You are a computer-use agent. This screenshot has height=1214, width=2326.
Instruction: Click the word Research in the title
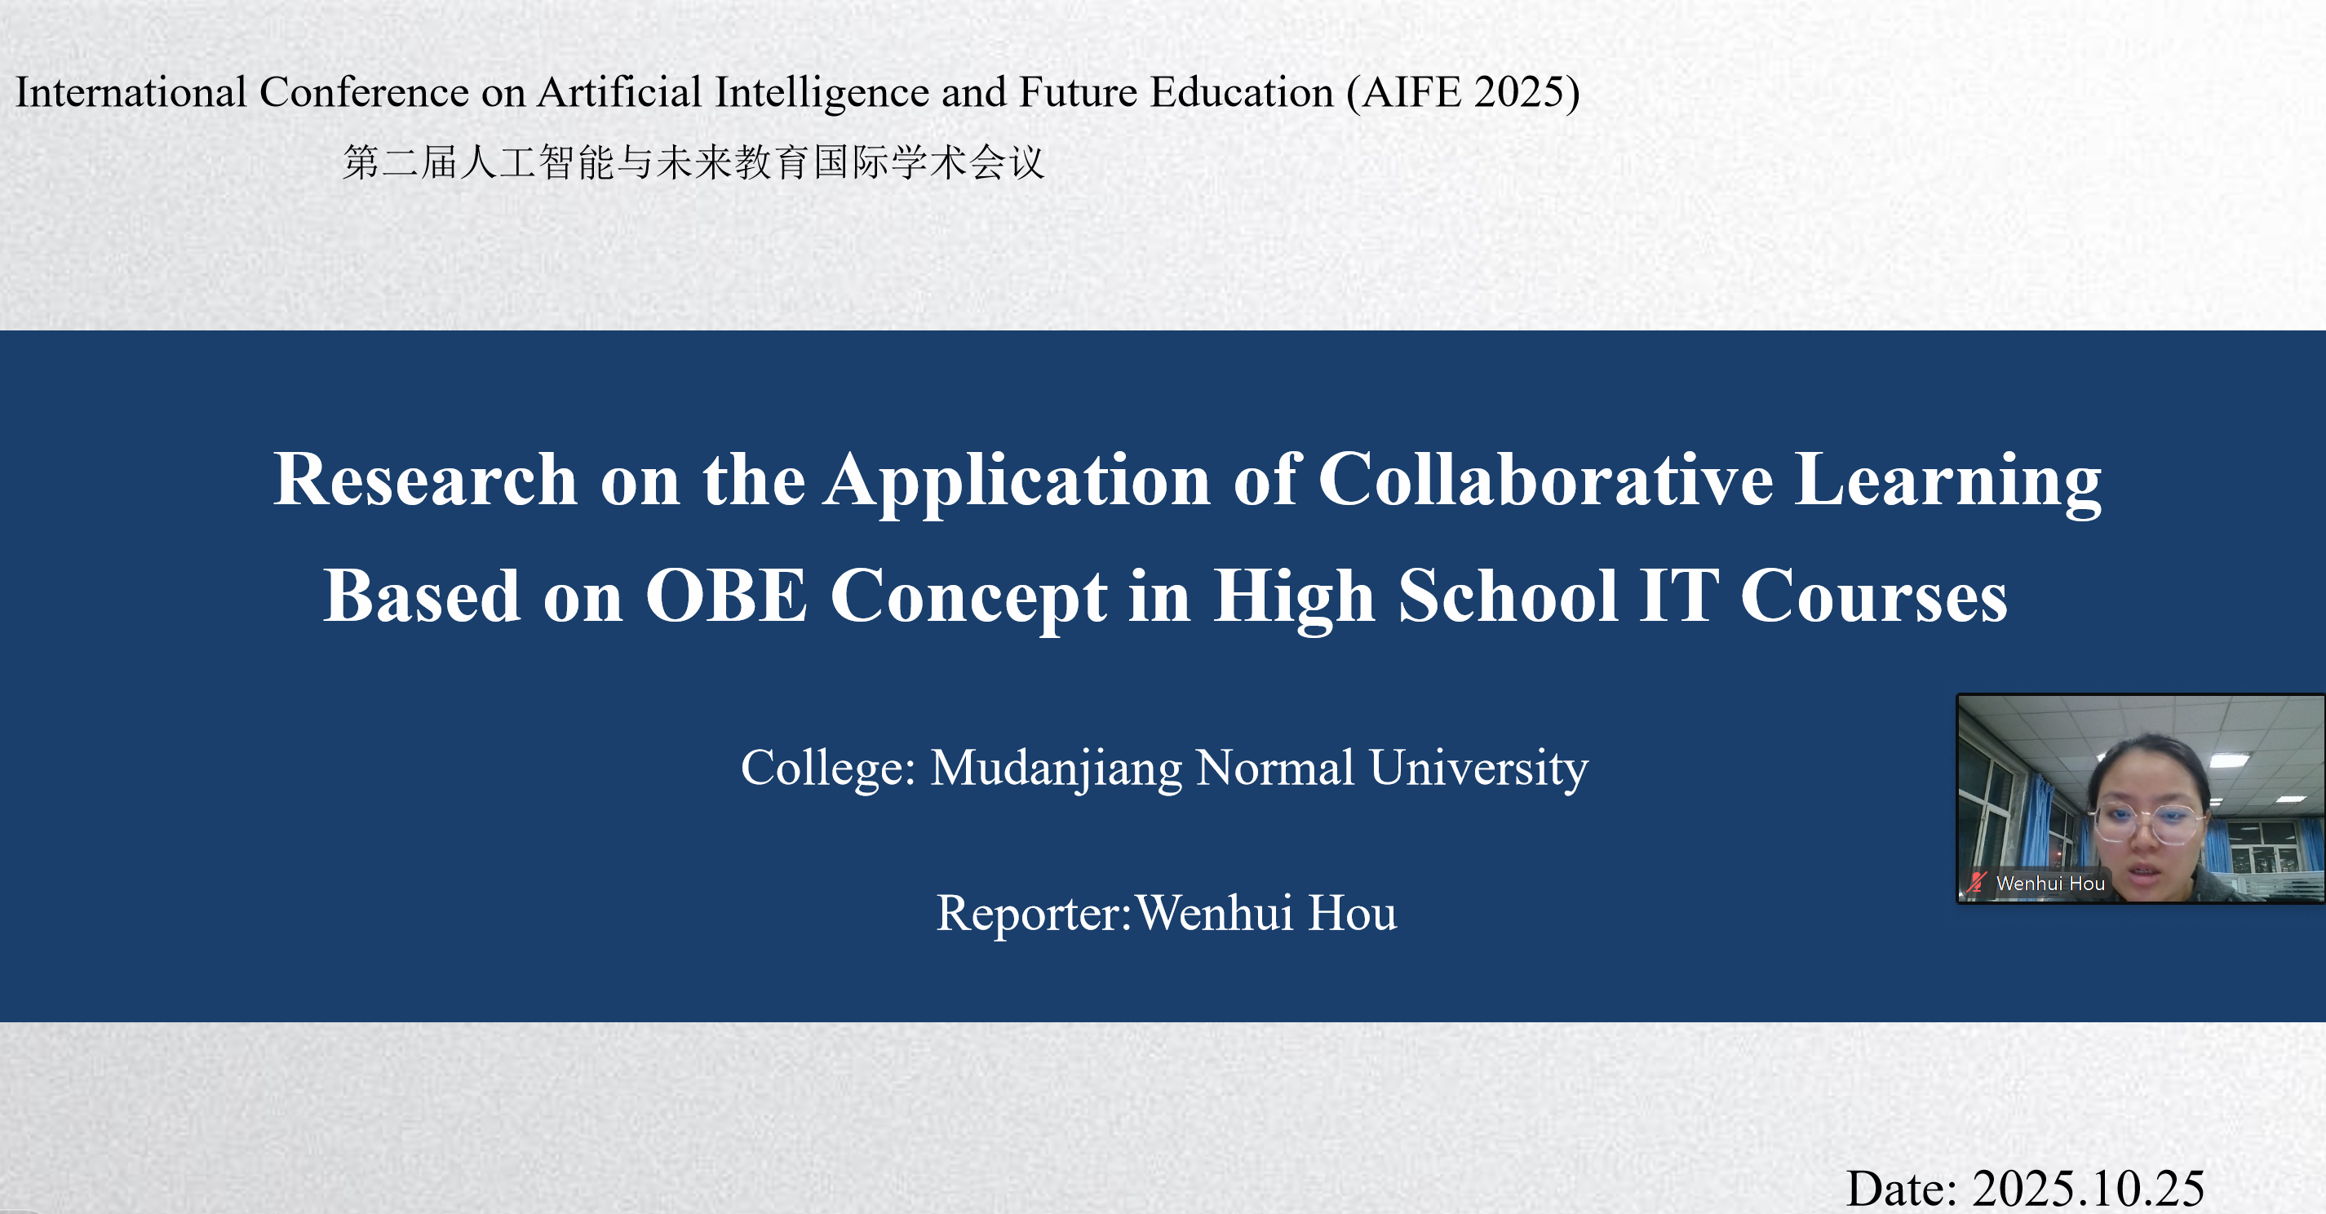coord(424,479)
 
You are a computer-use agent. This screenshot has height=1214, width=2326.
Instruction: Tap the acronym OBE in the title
coord(726,596)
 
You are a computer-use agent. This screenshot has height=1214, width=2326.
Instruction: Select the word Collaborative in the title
coord(1545,479)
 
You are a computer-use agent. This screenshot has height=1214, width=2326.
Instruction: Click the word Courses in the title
coord(1874,596)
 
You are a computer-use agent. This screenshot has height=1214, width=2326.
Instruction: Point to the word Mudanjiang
coord(1056,769)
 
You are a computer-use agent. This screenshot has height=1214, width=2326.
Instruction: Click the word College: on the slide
coord(829,769)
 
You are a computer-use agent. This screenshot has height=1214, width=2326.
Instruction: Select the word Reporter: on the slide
coord(1034,913)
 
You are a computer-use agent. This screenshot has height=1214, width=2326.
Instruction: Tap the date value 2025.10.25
coord(2089,1188)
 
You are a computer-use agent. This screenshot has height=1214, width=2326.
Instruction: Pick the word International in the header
coord(131,92)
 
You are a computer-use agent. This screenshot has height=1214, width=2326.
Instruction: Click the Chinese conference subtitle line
coord(693,162)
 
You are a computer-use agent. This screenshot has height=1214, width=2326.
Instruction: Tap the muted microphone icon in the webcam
coord(1978,883)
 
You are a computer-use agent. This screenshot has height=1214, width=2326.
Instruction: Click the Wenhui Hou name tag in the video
coord(2050,884)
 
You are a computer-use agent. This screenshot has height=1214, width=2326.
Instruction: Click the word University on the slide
coord(1478,769)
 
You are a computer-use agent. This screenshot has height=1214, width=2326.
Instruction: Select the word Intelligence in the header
coord(822,92)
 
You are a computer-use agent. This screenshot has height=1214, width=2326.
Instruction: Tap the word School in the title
coord(1508,596)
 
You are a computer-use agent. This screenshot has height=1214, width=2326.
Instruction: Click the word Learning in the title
coord(1947,481)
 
